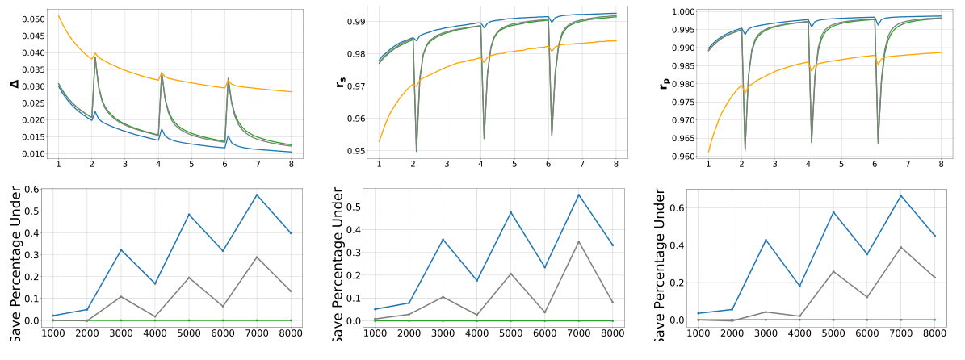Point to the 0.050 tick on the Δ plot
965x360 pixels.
[x=33, y=19]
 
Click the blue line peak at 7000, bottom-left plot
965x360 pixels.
[x=257, y=195]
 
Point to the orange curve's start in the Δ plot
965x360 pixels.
[x=58, y=15]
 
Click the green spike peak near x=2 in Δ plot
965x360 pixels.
[x=95, y=57]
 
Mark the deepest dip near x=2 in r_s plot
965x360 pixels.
[x=417, y=151]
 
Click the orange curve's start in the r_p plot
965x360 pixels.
[x=708, y=152]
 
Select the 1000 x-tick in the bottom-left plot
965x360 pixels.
[x=53, y=333]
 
